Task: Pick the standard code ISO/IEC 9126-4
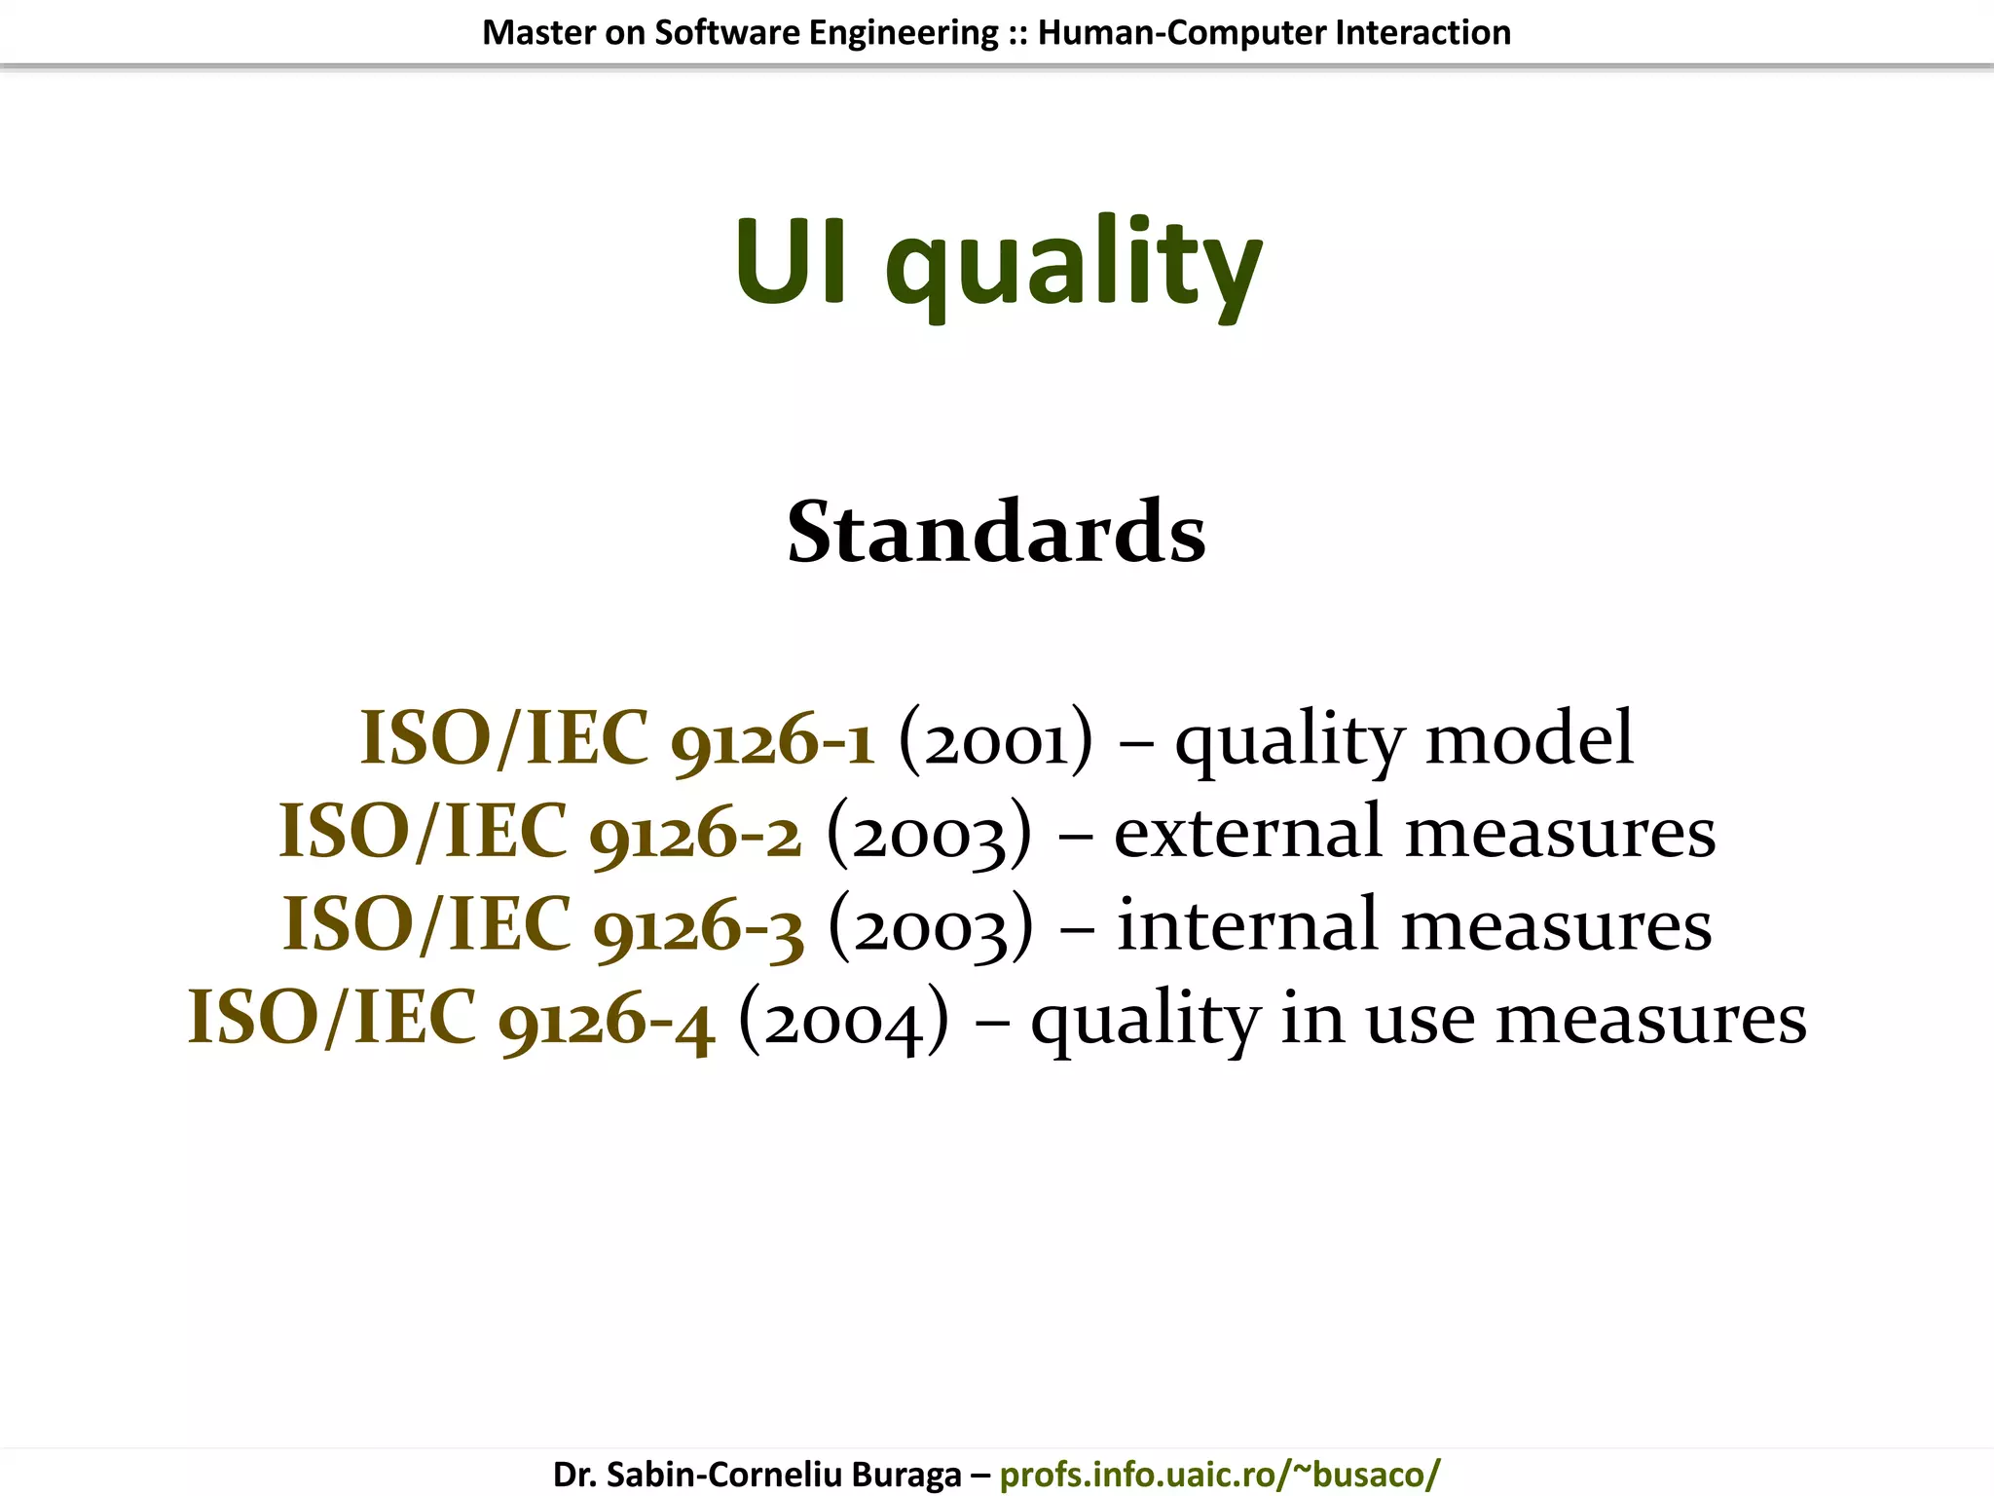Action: coord(451,1019)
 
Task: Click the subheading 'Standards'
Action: coord(996,533)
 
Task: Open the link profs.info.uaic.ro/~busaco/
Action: coord(1219,1474)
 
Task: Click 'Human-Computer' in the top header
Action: coord(1181,33)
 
